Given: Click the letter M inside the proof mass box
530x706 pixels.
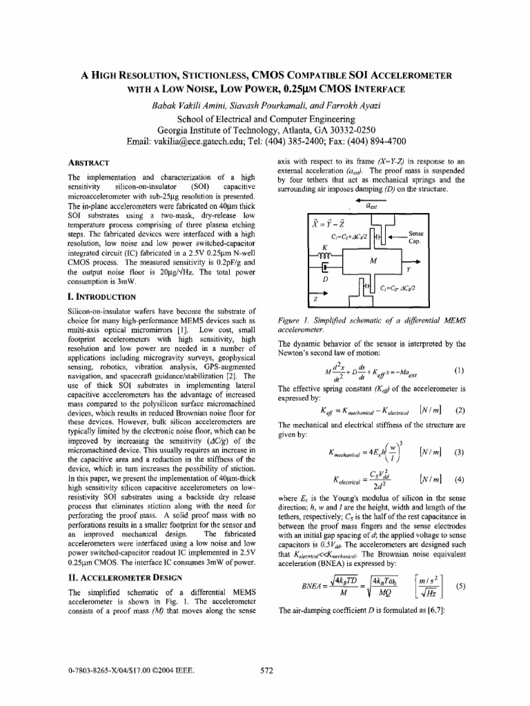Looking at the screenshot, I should point(373,261).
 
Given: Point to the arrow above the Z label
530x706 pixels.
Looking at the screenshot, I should point(317,292).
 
